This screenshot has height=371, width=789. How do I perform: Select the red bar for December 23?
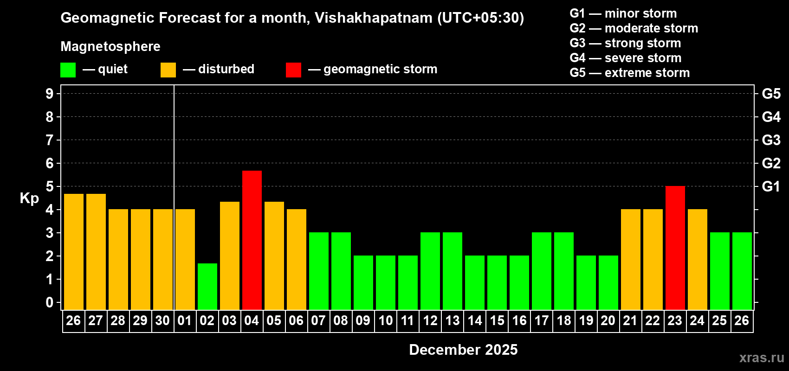tap(675, 248)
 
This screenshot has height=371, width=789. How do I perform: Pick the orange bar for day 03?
tap(230, 256)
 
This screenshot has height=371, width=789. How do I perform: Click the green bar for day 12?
tap(430, 271)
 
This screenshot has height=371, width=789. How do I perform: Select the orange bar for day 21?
tap(631, 260)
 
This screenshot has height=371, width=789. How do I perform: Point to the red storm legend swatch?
tap(293, 70)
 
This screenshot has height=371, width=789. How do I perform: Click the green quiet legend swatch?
tap(68, 70)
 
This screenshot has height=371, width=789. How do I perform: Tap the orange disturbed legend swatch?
tap(168, 70)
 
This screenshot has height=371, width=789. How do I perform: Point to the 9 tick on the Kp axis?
tap(50, 94)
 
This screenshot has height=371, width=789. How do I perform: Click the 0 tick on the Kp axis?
tap(50, 302)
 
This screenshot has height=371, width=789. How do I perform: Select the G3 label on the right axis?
tap(771, 140)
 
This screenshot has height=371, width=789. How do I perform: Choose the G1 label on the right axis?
tap(771, 186)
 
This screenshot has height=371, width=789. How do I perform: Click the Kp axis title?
tap(29, 198)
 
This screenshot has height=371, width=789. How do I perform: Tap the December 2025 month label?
tap(463, 350)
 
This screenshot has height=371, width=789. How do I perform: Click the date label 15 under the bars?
tap(497, 320)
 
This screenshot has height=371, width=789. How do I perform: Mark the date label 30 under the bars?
tap(162, 320)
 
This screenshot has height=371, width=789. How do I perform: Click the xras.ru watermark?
tap(762, 358)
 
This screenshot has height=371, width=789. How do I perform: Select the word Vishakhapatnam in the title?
tap(374, 18)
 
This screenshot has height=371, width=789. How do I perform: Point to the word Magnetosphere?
tap(110, 46)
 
